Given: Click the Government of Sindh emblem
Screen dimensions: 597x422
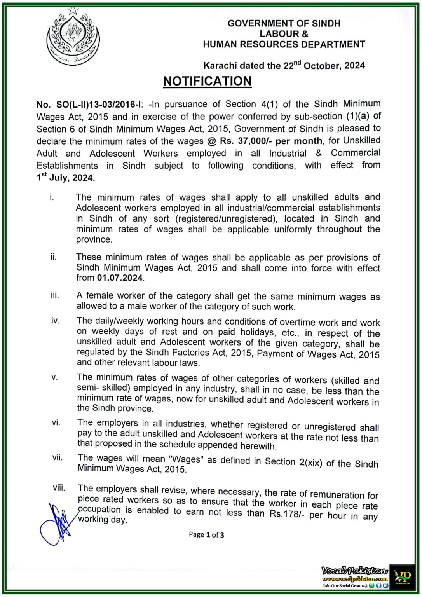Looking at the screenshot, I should point(73,37).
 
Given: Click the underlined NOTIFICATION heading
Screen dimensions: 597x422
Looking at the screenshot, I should point(207,81).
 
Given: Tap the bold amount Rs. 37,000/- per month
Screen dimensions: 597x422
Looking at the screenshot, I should point(271,141).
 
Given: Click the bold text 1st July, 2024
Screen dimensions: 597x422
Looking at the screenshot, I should point(66,178).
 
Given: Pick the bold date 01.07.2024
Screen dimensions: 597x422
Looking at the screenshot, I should point(120,278).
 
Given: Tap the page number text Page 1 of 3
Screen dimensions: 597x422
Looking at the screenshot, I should point(206,535).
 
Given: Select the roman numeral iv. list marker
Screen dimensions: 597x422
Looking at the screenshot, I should point(55,321).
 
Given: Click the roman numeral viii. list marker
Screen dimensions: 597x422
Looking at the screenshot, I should point(59,487).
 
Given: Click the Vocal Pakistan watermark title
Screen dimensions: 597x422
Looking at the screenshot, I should point(354,571).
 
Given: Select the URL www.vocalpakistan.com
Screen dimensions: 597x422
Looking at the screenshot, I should point(354,579).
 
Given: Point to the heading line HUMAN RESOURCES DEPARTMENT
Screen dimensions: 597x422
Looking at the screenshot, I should point(284,44).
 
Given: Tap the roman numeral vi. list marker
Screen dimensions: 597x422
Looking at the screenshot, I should point(56,422).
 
